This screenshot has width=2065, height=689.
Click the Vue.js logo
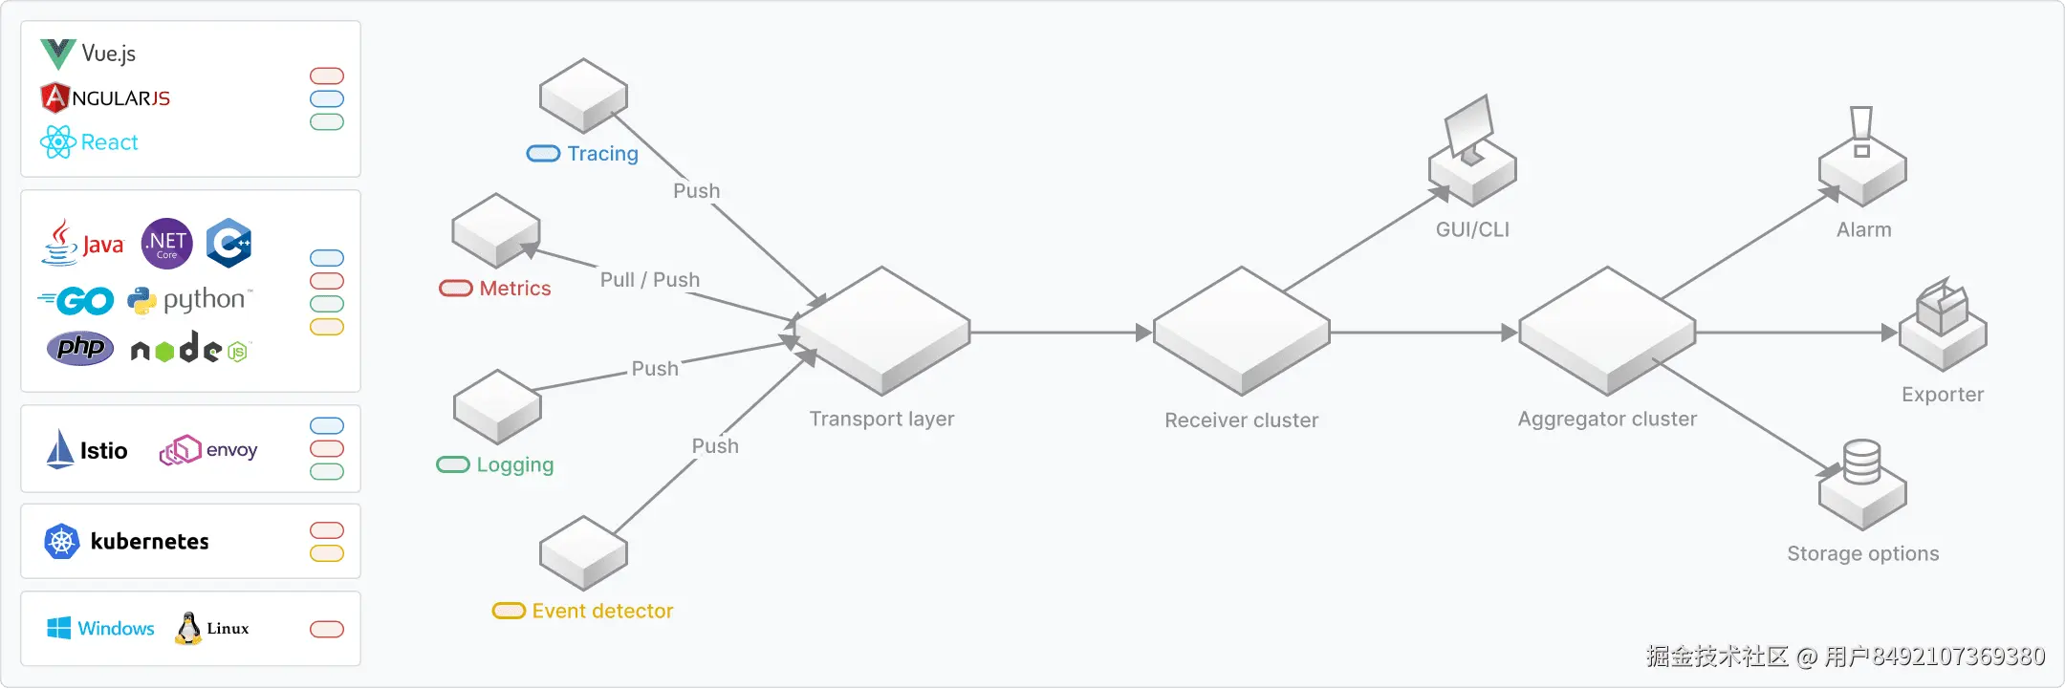coord(57,54)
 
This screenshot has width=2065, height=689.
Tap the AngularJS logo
coord(54,97)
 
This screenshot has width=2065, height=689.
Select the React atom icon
coord(57,142)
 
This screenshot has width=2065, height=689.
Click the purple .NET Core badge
coord(166,244)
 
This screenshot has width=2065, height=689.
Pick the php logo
coord(80,348)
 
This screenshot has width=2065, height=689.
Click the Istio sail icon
coord(60,449)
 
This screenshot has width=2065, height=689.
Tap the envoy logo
coord(208,450)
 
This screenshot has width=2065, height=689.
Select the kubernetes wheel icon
coord(61,542)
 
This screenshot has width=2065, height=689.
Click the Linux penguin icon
coord(188,628)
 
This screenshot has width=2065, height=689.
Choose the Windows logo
coord(58,628)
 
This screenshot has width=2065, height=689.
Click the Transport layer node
coord(882,331)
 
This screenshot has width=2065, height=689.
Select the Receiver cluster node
coord(1241,331)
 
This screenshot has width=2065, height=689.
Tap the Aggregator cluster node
coord(1607,331)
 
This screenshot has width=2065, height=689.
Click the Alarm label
coord(1864,230)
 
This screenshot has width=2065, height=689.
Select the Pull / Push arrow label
coord(650,280)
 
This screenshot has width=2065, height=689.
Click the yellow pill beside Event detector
coord(509,611)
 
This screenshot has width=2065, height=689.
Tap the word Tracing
coord(602,154)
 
